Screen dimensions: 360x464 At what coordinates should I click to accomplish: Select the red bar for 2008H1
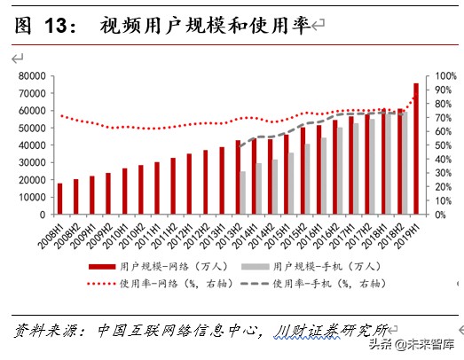[60, 199]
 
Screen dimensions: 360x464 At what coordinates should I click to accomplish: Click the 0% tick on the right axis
[436, 214]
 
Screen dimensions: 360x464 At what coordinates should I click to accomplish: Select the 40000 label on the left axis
[31, 145]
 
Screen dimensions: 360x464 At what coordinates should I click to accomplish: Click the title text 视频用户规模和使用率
[205, 26]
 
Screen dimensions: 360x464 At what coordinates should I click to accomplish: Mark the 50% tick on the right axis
[439, 145]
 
